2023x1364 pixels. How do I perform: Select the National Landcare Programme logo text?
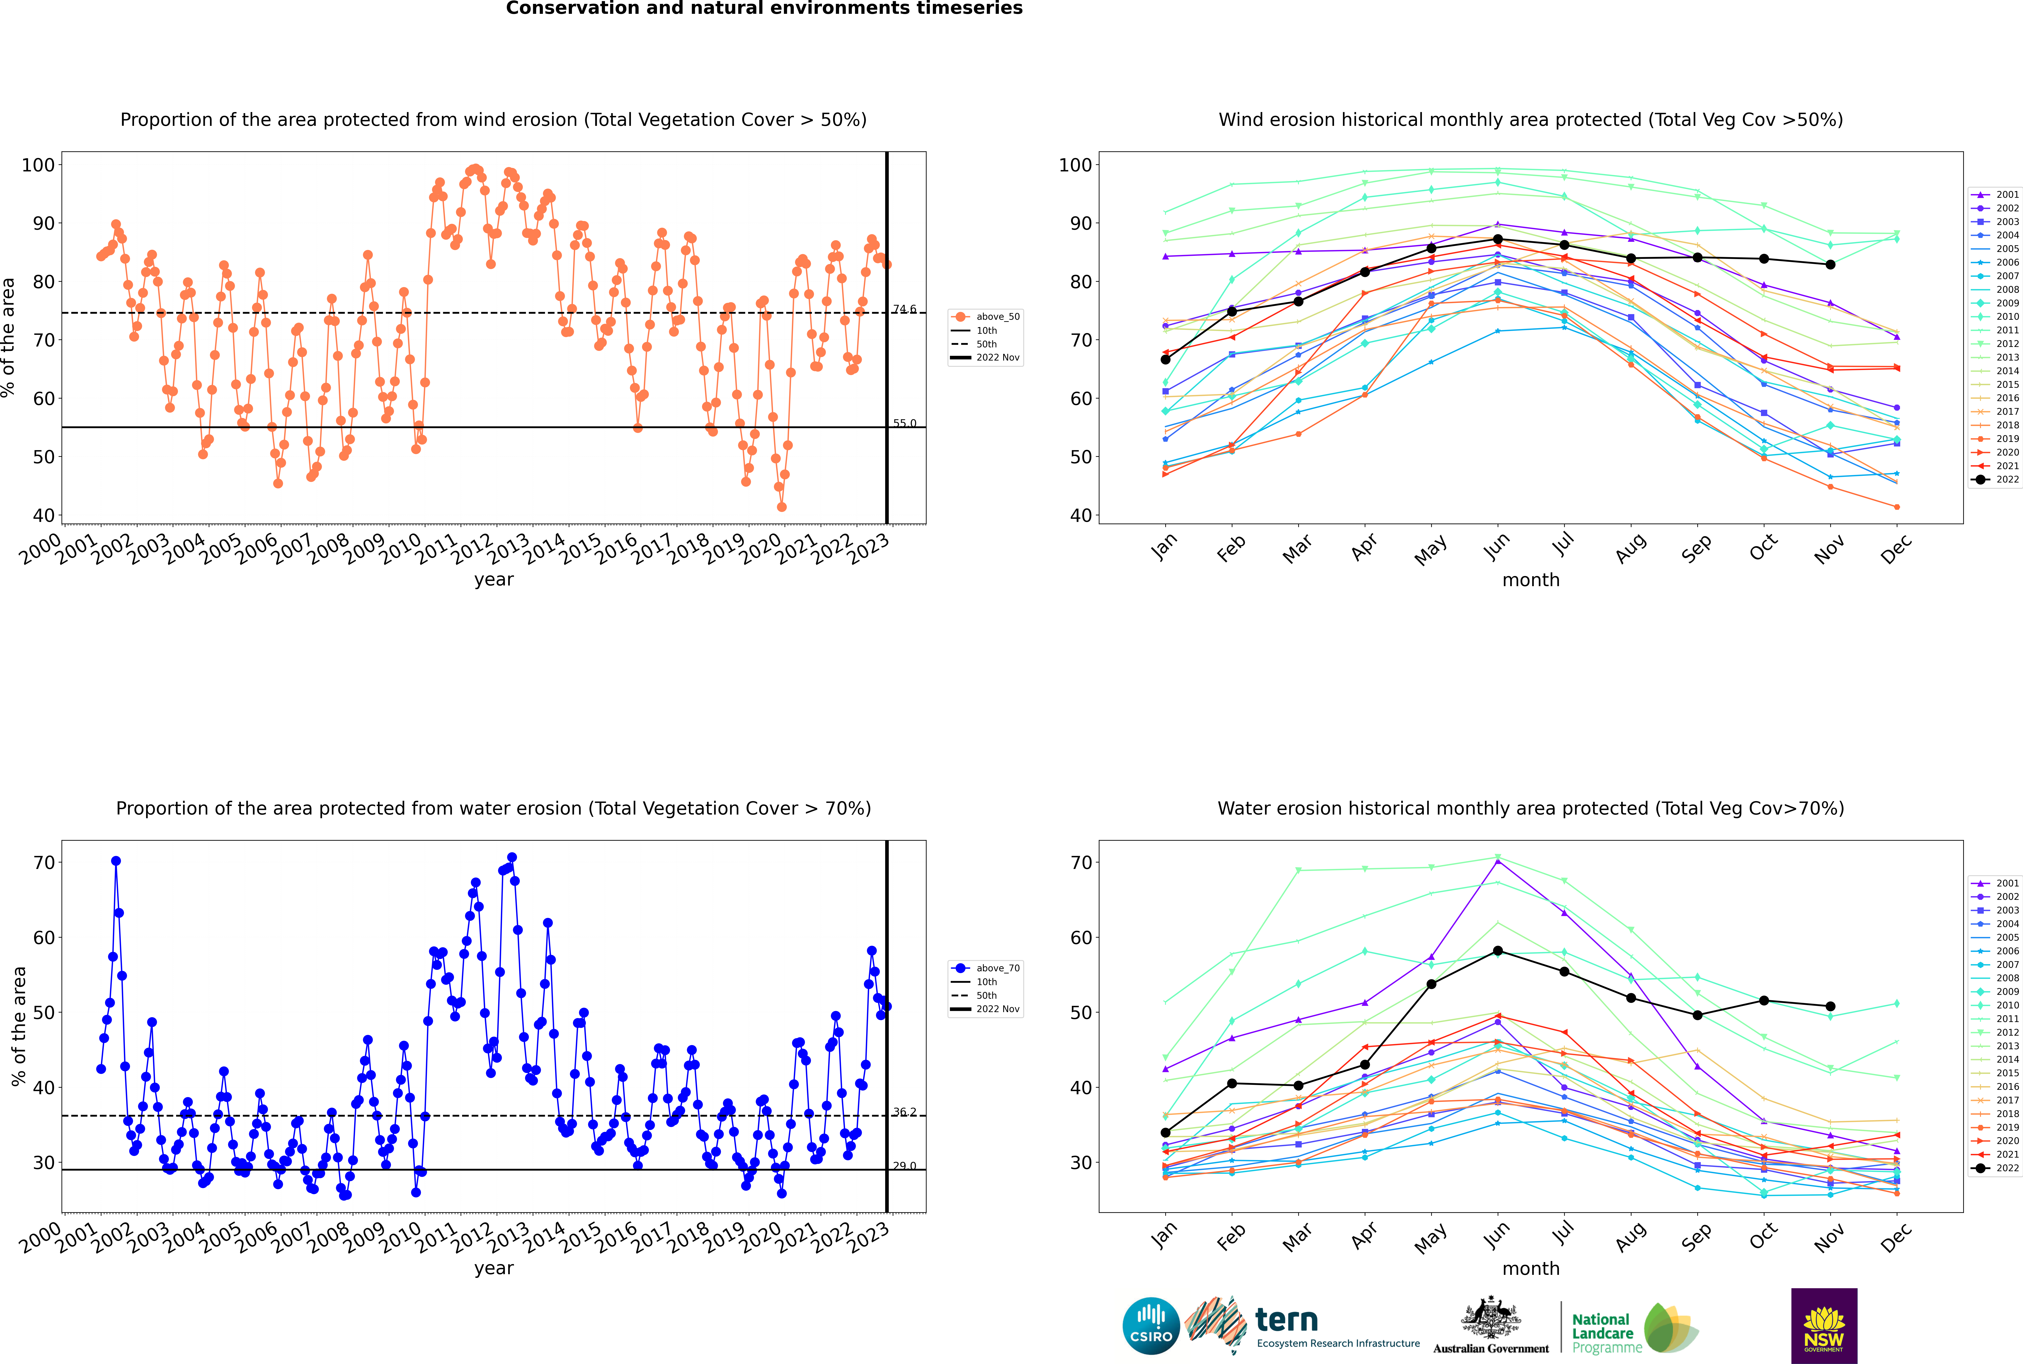point(1606,1333)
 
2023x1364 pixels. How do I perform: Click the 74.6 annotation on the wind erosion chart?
point(905,309)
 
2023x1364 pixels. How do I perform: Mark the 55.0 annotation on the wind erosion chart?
point(905,424)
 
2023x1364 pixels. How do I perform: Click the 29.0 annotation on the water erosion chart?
point(905,1166)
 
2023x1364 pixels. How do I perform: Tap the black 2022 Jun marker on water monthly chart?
point(1498,951)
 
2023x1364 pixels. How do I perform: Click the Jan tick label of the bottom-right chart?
point(1165,1235)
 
